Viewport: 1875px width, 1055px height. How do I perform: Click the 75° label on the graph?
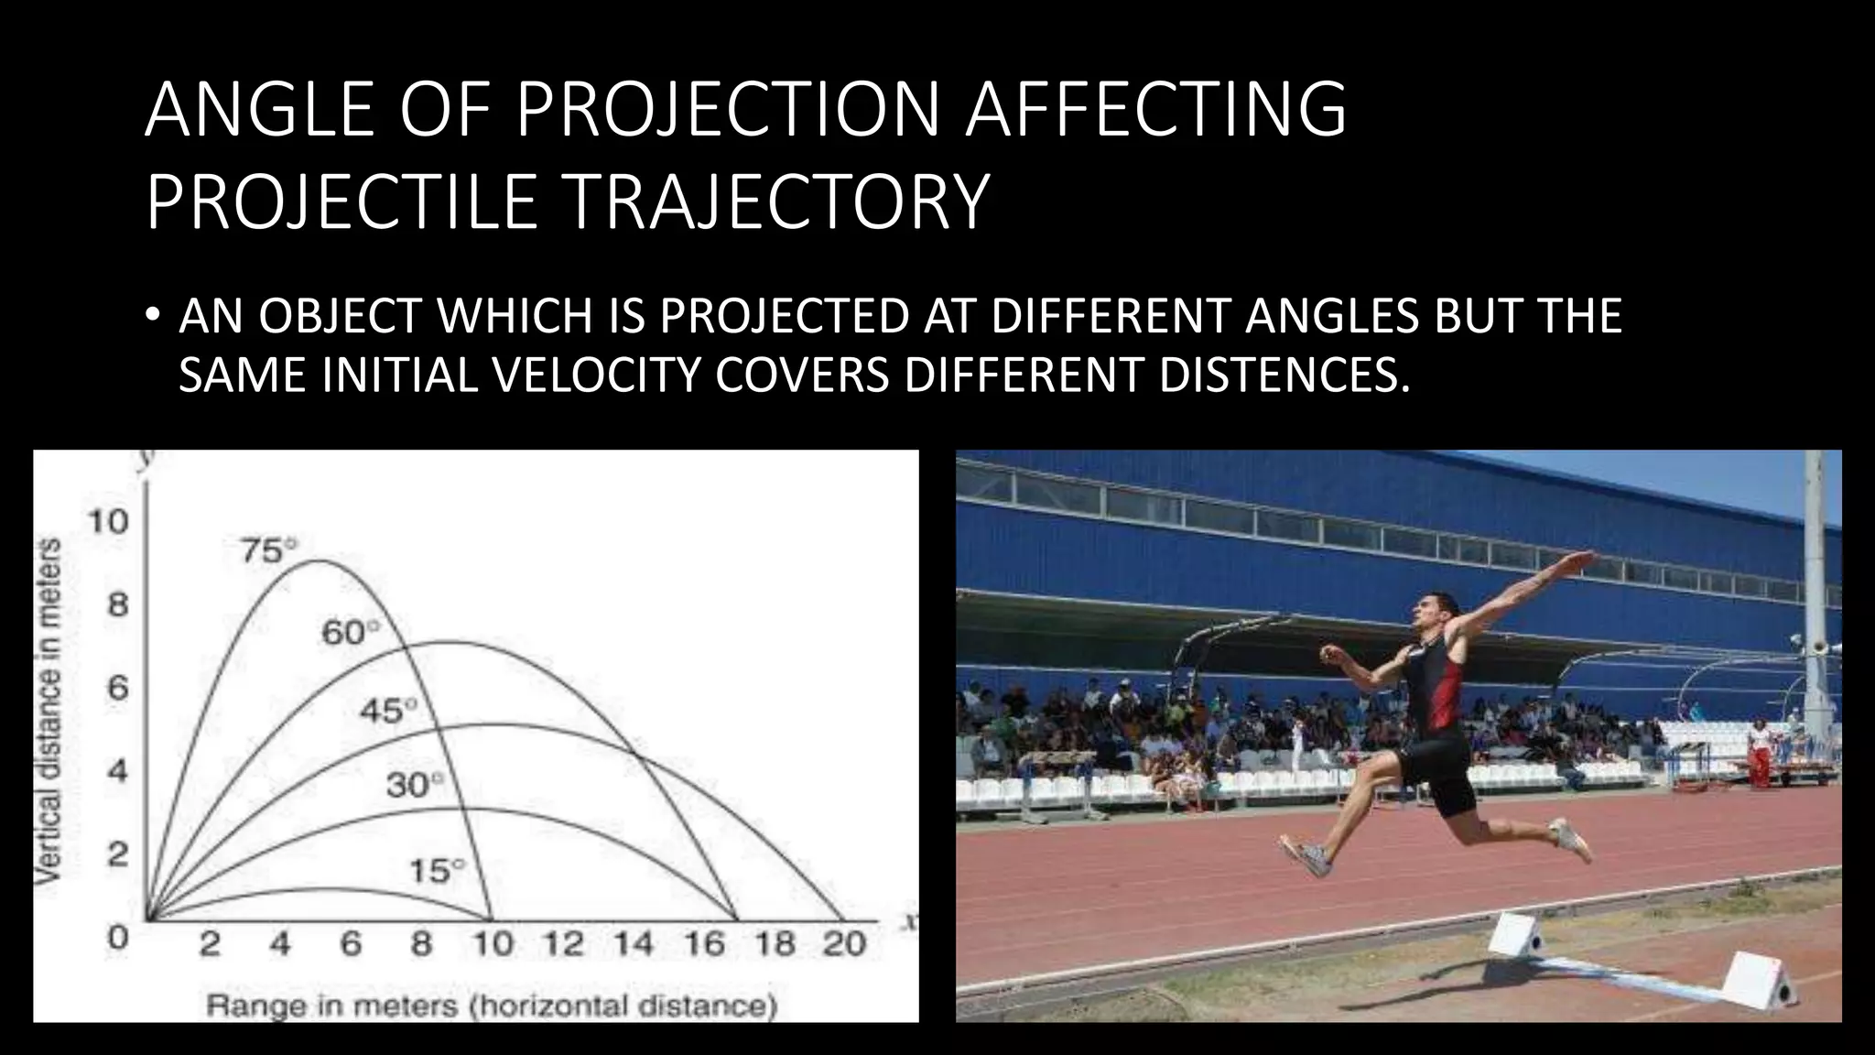(267, 551)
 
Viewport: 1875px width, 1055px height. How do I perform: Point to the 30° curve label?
(414, 786)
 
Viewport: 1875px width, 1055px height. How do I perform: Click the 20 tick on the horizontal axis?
(843, 944)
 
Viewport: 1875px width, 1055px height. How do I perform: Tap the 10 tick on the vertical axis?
(108, 522)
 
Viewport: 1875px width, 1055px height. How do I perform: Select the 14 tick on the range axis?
(632, 944)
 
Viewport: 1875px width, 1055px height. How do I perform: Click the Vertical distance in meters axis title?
(50, 711)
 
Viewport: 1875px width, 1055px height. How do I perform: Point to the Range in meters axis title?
(492, 1006)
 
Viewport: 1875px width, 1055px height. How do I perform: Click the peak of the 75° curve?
(316, 561)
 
